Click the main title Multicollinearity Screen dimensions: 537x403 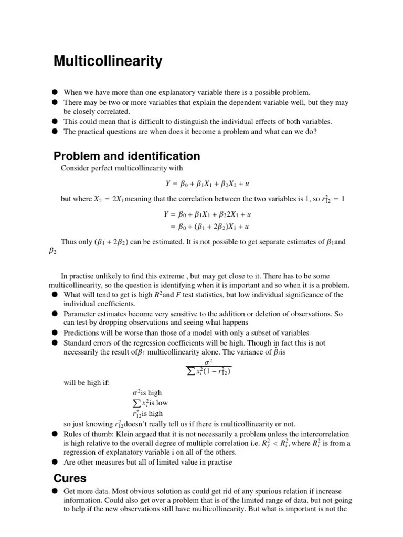pyautogui.click(x=108, y=61)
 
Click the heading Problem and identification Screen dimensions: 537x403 pyautogui.click(x=126, y=156)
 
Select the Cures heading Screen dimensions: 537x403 pyautogui.click(x=70, y=478)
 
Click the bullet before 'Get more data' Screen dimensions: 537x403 pyautogui.click(x=55, y=491)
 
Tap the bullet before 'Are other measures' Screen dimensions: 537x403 pyautogui.click(x=55, y=462)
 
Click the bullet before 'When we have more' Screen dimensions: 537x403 pyautogui.click(x=55, y=92)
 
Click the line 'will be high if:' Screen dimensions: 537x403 pyautogui.click(x=87, y=382)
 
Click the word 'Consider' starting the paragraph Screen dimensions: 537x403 pyautogui.click(x=75, y=168)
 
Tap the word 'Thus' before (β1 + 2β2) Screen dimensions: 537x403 pyautogui.click(x=69, y=242)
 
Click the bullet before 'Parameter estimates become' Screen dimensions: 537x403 pyautogui.click(x=55, y=314)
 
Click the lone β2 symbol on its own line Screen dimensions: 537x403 pyautogui.click(x=52, y=252)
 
